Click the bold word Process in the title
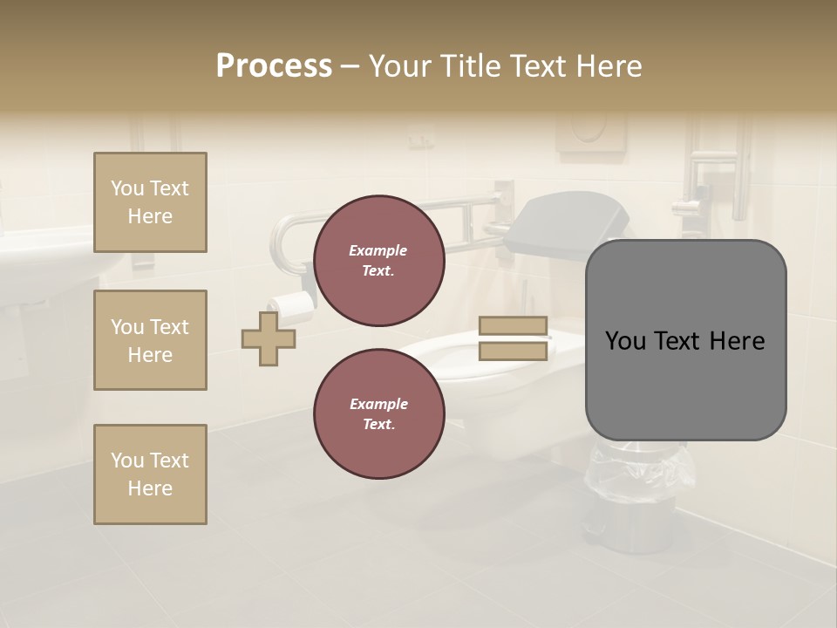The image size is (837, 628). [274, 66]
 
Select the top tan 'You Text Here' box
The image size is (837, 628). [150, 202]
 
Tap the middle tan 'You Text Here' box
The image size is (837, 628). [150, 340]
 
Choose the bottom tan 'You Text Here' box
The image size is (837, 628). [150, 474]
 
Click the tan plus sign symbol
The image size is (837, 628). [269, 338]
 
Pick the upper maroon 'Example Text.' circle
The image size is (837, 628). [378, 261]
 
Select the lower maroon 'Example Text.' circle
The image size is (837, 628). [378, 414]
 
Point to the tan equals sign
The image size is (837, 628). [514, 338]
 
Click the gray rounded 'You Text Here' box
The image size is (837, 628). [685, 340]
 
